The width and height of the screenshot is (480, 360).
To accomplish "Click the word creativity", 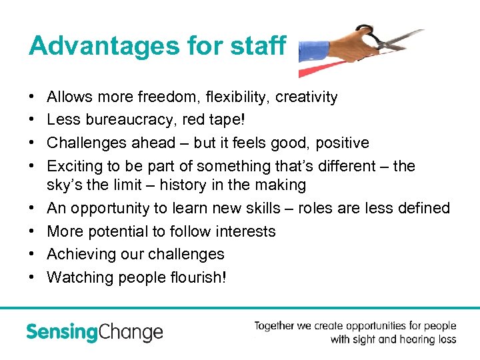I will [306, 97].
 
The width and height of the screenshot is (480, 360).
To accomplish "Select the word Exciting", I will [73, 165].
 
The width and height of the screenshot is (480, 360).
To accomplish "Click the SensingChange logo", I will [94, 332].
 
